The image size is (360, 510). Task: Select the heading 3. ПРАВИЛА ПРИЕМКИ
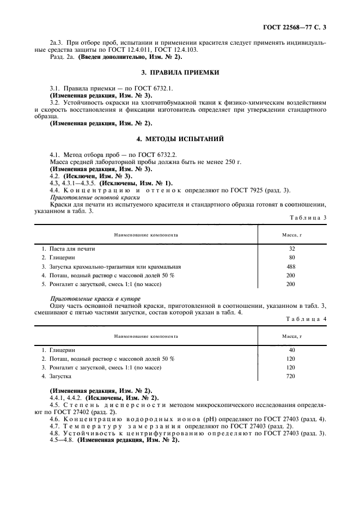click(180, 72)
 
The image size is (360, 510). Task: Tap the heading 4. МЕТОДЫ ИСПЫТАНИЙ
click(180, 138)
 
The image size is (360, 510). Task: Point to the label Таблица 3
click(308, 217)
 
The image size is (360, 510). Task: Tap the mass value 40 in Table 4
click(291, 349)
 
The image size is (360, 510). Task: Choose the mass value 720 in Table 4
click(290, 377)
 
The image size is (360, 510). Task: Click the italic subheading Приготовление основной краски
click(89, 197)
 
